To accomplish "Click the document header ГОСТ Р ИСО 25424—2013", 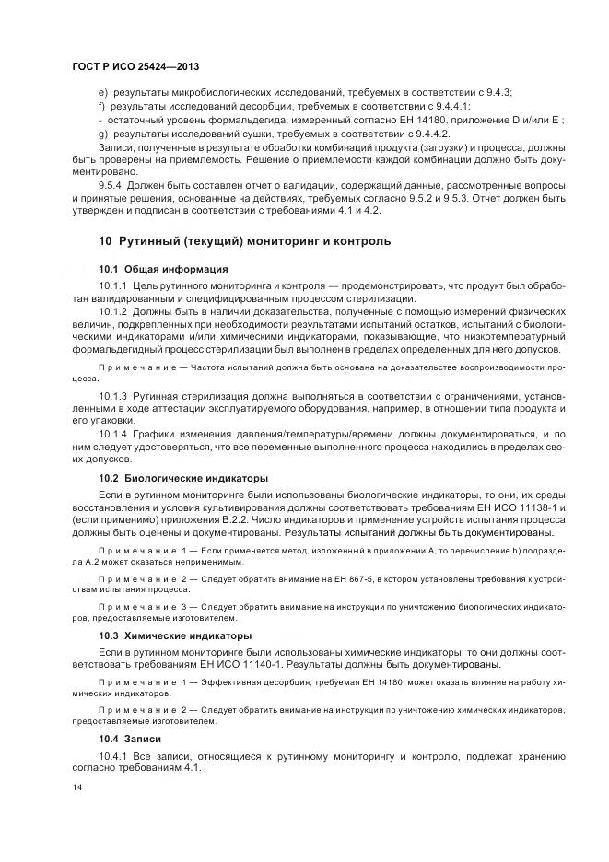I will click(135, 67).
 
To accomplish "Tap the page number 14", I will click(76, 786).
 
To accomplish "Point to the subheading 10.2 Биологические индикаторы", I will click(183, 478).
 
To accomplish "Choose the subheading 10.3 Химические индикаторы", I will click(176, 635).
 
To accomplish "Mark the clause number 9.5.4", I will click(115, 185).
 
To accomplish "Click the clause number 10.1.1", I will click(116, 285).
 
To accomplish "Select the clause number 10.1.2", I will click(116, 310).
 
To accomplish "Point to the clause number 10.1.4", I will click(116, 432).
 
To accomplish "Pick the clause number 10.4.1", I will click(116, 756).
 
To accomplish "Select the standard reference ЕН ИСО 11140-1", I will click(252, 664).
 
